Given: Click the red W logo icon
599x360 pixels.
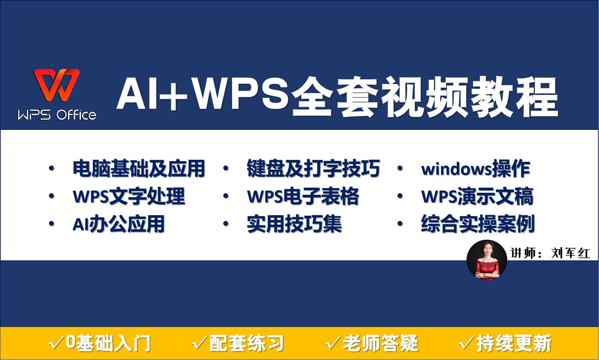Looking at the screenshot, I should click(57, 85).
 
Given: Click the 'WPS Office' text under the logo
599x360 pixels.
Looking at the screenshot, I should click(57, 115).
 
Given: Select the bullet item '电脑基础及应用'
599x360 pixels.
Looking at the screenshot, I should click(139, 168).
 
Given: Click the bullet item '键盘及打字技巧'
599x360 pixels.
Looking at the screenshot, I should click(313, 168).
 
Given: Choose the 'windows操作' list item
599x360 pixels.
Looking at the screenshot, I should click(475, 168).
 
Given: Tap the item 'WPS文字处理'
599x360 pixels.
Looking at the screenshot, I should click(129, 196).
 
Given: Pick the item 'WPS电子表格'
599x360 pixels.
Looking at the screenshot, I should click(303, 196).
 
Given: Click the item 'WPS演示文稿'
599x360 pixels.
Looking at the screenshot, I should click(477, 196).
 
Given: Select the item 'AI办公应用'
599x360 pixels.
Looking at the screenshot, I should click(119, 224).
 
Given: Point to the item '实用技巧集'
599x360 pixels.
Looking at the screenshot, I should click(294, 224).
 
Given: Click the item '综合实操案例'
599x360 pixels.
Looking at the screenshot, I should click(478, 224).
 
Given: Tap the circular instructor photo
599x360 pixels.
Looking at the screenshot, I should click(487, 260).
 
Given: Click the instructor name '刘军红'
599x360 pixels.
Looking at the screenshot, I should click(570, 253).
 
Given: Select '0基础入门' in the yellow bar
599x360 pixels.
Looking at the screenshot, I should click(108, 343).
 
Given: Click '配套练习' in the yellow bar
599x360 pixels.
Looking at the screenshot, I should click(246, 343).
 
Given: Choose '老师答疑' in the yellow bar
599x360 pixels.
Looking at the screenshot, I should click(380, 343).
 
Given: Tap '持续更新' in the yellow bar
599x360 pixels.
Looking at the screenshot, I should click(514, 343).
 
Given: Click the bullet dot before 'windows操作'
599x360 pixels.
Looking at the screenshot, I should click(400, 168).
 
